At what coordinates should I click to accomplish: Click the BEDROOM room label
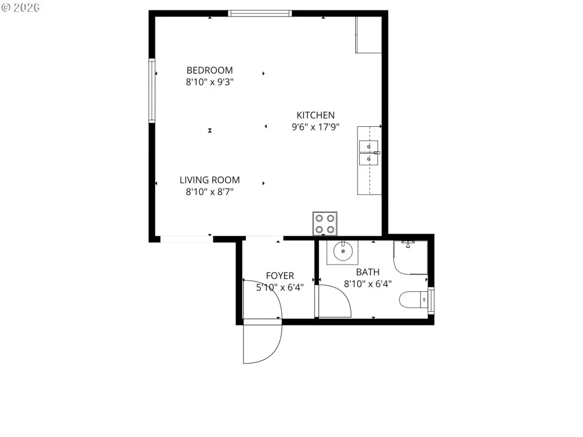[210, 70]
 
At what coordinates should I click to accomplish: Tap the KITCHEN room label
[315, 115]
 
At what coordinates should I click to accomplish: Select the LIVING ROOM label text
[210, 180]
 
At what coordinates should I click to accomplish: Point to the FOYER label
[280, 276]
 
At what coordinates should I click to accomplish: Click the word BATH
[368, 272]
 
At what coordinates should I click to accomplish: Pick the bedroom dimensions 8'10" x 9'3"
[210, 82]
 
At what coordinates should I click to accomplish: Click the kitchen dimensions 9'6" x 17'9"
[315, 127]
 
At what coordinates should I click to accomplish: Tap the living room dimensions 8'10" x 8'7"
[210, 192]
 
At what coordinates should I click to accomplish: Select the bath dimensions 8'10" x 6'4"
[368, 284]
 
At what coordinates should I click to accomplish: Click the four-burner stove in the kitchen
[325, 224]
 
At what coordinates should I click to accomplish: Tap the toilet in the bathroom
[413, 299]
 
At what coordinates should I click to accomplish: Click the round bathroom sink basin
[343, 252]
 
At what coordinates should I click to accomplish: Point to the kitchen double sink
[368, 152]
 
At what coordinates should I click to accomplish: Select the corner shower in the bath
[410, 258]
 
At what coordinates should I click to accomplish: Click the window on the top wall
[260, 14]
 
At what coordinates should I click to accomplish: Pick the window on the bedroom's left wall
[151, 90]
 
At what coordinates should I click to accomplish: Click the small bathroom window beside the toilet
[431, 300]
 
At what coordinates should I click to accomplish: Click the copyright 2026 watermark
[20, 7]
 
